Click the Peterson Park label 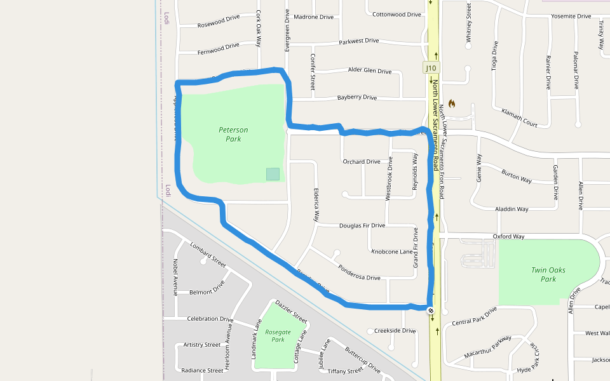click(x=233, y=134)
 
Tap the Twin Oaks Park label click(x=548, y=274)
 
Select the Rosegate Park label click(x=278, y=335)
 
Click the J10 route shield click(x=431, y=68)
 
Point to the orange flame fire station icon click(x=452, y=103)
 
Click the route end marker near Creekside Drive click(x=431, y=311)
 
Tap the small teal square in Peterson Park click(x=273, y=174)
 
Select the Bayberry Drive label click(x=356, y=98)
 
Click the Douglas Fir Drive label click(x=362, y=225)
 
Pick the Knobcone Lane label click(x=392, y=251)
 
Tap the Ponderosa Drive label click(x=359, y=272)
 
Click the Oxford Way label click(x=508, y=237)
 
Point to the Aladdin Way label click(x=512, y=209)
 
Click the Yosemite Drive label click(x=571, y=16)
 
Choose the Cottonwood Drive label click(x=396, y=14)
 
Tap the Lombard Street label click(x=208, y=254)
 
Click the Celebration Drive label click(x=210, y=319)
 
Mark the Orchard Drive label click(x=362, y=161)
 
